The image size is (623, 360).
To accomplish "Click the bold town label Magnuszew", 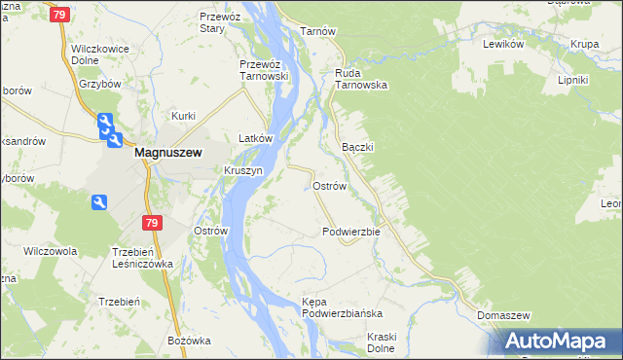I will pyautogui.click(x=166, y=152).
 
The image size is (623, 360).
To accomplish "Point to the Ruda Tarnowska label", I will pyautogui.click(x=361, y=79).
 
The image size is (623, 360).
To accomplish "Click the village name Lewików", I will pyautogui.click(x=504, y=45).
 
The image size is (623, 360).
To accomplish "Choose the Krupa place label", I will pyautogui.click(x=585, y=45).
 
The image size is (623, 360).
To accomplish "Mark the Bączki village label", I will pyautogui.click(x=358, y=146).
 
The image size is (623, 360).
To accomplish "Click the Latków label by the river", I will pyautogui.click(x=248, y=139).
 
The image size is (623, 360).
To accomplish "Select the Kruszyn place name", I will pyautogui.click(x=243, y=170).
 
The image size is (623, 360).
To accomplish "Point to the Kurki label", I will pyautogui.click(x=184, y=116).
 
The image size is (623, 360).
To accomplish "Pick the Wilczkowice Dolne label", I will pyautogui.click(x=100, y=53).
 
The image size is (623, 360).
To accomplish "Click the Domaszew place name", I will pyautogui.click(x=503, y=316).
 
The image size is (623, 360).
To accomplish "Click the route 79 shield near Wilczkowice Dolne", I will pyautogui.click(x=59, y=15).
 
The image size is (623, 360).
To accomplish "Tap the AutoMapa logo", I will pyautogui.click(x=557, y=342).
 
